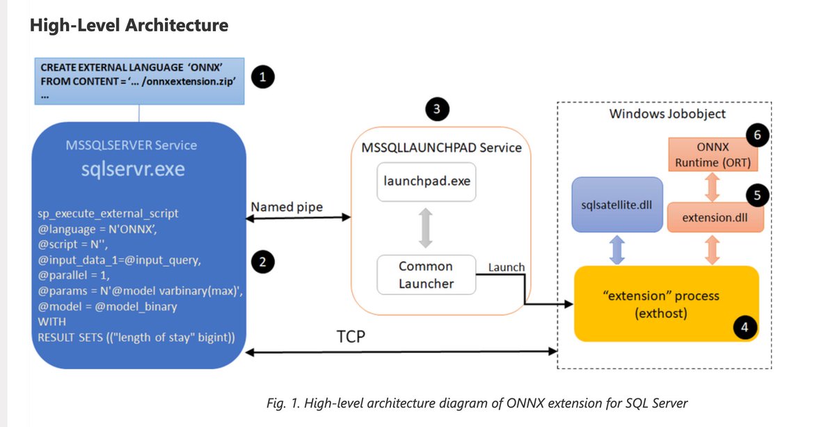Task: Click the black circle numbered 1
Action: (x=262, y=78)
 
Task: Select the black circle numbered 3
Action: (x=436, y=109)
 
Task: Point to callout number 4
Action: (x=745, y=328)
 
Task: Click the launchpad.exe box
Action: (x=426, y=183)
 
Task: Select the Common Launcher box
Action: (x=426, y=274)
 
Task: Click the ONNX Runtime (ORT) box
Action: (x=715, y=156)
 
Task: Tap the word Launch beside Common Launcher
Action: (x=506, y=267)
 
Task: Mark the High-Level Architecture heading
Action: (x=129, y=26)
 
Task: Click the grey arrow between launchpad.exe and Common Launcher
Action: (x=426, y=228)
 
